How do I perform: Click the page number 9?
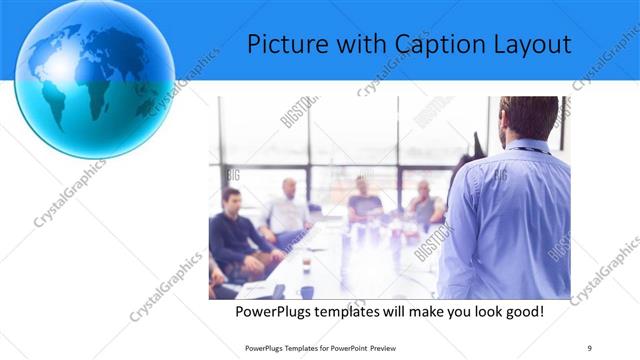click(590, 346)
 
